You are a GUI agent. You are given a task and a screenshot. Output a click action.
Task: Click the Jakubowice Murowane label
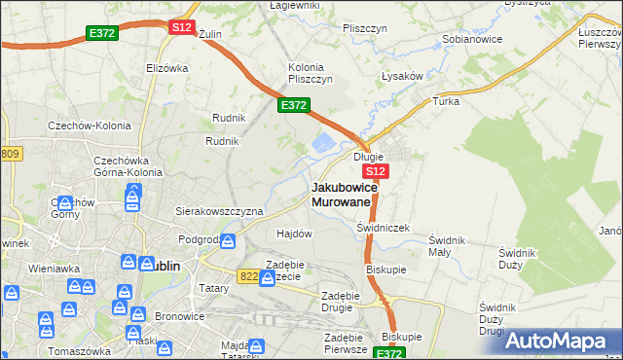pos(342,194)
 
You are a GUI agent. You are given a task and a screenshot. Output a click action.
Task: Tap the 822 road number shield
pos(247,276)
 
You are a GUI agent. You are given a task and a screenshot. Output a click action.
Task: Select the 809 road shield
pos(10,154)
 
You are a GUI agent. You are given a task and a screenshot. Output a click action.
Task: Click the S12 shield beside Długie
pos(379,171)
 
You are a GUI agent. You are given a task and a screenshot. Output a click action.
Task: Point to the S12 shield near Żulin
pos(182,28)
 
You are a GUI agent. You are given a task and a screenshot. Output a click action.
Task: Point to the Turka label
pos(446,101)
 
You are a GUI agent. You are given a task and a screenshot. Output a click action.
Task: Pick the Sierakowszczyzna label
pos(219,210)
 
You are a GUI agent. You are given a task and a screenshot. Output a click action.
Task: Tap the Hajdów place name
pos(294,234)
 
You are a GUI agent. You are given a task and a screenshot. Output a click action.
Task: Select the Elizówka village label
pos(165,68)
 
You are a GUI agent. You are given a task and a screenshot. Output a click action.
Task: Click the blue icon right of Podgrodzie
pos(227,240)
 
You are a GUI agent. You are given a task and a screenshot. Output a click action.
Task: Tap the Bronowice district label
pos(181,317)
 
